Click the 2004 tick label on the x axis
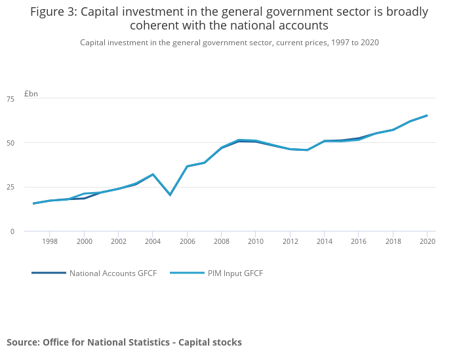tap(152, 241)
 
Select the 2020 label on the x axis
tap(427, 241)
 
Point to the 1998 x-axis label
tap(50, 241)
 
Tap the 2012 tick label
tap(290, 241)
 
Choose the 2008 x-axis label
tap(221, 241)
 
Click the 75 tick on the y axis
tap(28, 98)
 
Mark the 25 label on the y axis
tap(28, 187)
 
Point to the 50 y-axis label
tap(28, 143)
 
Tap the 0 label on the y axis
tap(30, 231)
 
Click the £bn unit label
tap(31, 93)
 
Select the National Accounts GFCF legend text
tap(113, 273)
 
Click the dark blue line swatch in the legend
tap(49, 273)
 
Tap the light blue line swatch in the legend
tap(186, 273)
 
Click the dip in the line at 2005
tap(170, 195)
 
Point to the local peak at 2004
tap(153, 174)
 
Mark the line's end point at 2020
tap(427, 115)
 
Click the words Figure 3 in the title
tap(53, 12)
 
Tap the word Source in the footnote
tap(22, 342)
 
